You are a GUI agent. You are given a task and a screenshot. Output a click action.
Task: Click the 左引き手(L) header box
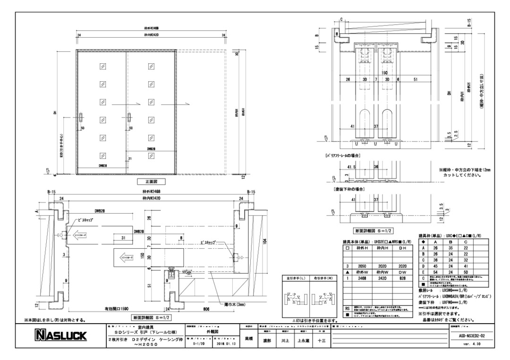point(295,278)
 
